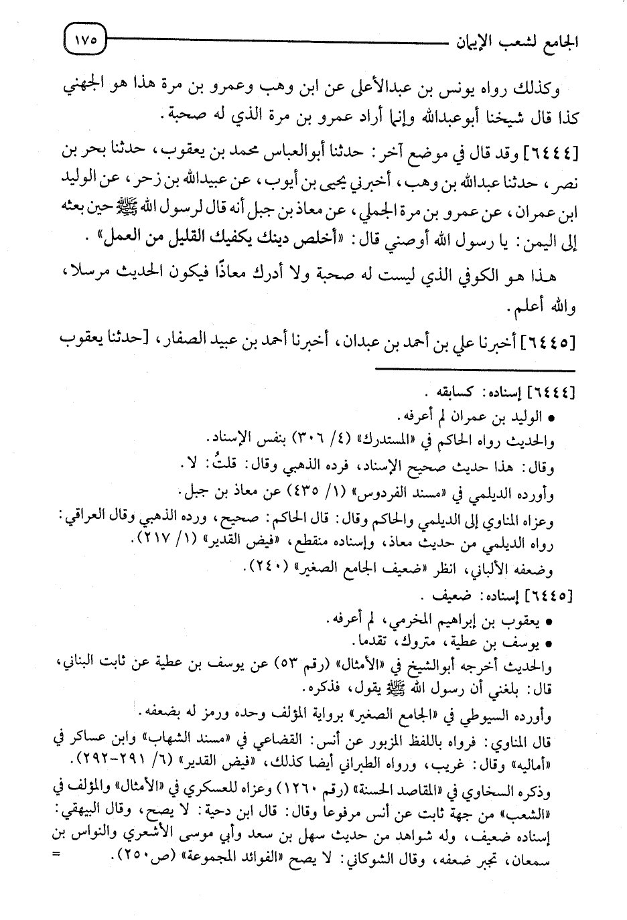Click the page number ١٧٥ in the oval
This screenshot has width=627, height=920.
tap(84, 40)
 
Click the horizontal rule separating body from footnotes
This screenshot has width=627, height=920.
tap(476, 369)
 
